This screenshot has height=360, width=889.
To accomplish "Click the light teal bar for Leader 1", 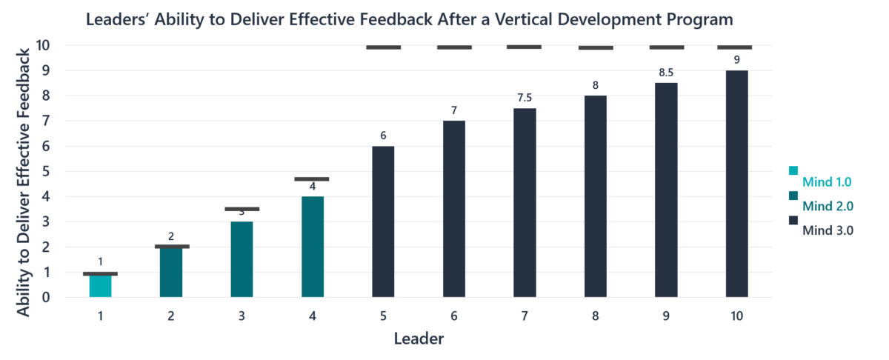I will tap(100, 286).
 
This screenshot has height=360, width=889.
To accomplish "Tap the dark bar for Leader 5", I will tap(383, 221).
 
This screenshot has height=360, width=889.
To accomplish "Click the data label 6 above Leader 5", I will tap(383, 136).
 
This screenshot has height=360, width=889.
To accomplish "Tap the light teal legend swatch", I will tap(793, 171).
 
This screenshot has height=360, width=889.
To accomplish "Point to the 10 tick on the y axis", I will tap(43, 45).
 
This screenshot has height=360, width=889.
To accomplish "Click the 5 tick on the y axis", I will tap(46, 171).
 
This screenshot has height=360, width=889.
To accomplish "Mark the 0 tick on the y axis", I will tap(46, 298).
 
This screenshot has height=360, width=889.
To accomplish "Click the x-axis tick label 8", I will tap(595, 316).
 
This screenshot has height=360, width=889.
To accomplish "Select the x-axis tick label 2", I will tap(171, 316).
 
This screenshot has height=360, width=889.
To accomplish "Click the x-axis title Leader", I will tap(419, 340).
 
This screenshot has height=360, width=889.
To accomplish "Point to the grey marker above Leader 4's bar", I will tap(312, 179).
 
